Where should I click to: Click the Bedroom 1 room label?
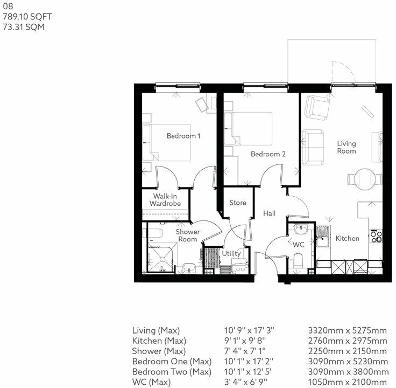(183, 136)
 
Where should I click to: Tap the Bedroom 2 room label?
(268, 154)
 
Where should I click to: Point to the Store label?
(238, 203)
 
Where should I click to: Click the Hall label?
(270, 214)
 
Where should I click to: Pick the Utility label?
(231, 253)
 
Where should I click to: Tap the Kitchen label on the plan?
(347, 238)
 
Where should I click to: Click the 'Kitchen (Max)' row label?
(159, 341)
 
